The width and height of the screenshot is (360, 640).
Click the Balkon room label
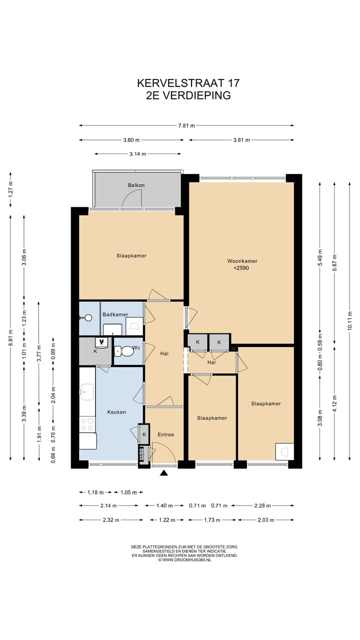click(x=136, y=185)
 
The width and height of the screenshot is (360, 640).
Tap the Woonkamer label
click(x=242, y=261)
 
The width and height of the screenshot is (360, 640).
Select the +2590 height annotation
click(x=241, y=268)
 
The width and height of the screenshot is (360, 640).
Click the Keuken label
click(x=116, y=412)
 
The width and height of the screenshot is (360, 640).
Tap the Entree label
click(x=165, y=434)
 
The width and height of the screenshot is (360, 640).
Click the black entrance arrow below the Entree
click(x=163, y=473)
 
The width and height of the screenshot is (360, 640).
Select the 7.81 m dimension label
click(x=186, y=125)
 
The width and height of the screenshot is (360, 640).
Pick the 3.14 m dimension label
click(x=137, y=154)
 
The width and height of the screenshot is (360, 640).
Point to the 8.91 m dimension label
click(x=10, y=337)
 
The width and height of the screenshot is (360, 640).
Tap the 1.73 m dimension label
click(x=212, y=520)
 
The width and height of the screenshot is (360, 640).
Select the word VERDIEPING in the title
click(x=196, y=95)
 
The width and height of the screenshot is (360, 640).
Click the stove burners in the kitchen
click(x=87, y=424)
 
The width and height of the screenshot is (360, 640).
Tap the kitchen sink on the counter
click(x=87, y=392)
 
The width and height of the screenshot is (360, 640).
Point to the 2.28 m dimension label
click(x=262, y=505)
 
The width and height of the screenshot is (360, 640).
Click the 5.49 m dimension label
click(x=320, y=257)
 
